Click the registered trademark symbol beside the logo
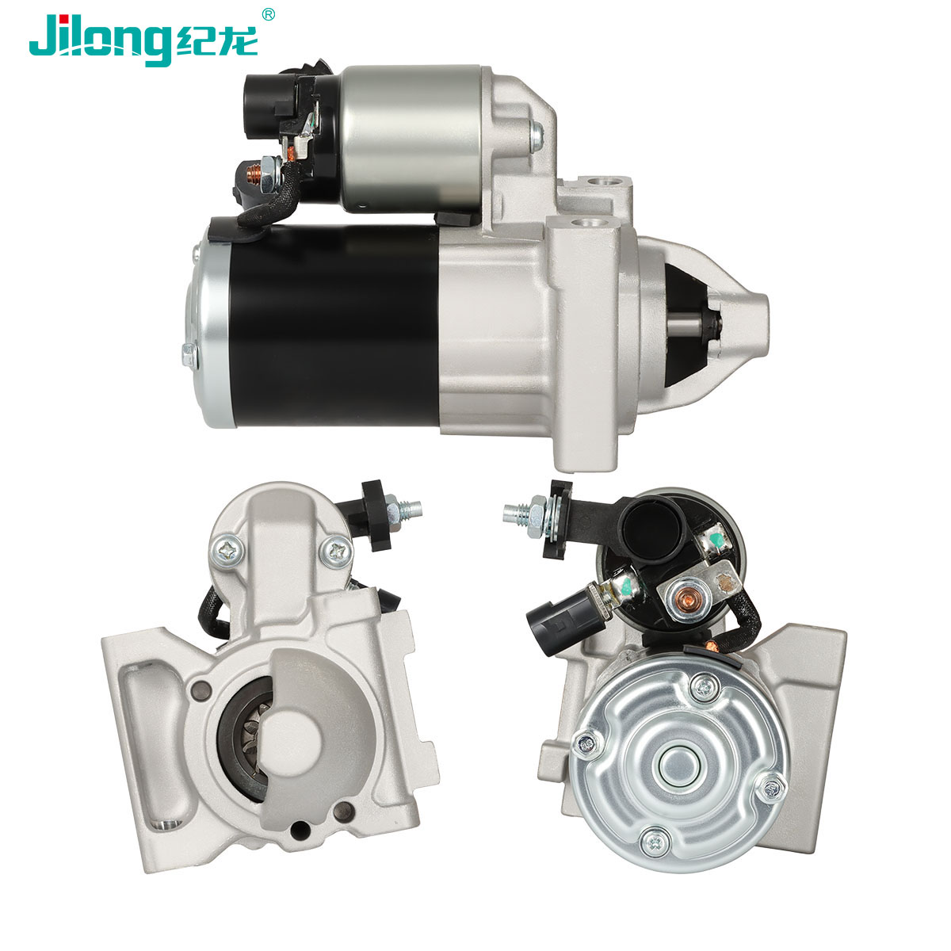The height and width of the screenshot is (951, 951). pyautogui.click(x=268, y=15)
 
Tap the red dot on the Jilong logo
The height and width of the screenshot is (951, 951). pyautogui.click(x=65, y=19)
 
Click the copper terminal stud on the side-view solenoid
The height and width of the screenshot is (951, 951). pyautogui.click(x=254, y=174)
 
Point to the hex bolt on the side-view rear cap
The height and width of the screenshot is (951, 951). pyautogui.click(x=189, y=355)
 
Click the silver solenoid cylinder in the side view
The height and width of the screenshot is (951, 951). pyautogui.click(x=412, y=139)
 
